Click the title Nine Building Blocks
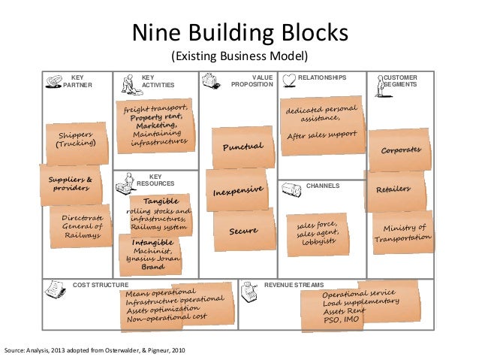click(x=239, y=33)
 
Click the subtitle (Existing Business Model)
click(x=239, y=57)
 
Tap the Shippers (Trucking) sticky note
click(x=76, y=140)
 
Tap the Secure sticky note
click(x=243, y=231)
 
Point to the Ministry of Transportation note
click(x=404, y=233)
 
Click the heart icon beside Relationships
click(x=288, y=79)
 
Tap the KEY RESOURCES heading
click(x=156, y=180)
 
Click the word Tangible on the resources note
click(x=160, y=201)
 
